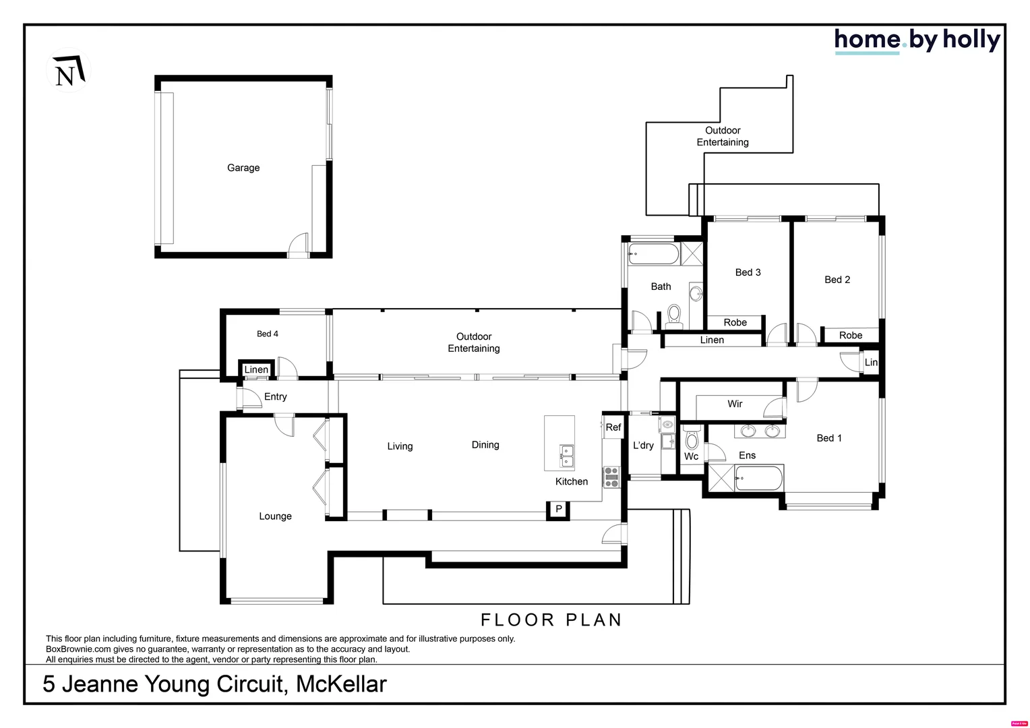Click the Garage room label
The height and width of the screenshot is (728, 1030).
[243, 168]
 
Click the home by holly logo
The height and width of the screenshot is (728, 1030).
[916, 40]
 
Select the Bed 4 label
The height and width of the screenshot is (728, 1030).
[267, 334]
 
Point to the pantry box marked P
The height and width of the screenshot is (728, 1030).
[558, 510]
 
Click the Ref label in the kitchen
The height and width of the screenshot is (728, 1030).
[613, 427]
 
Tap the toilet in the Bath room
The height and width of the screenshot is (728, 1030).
[673, 315]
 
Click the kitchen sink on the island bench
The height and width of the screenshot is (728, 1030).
[566, 456]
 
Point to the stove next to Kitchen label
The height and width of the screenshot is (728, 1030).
[611, 477]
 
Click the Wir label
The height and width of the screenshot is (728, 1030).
[735, 404]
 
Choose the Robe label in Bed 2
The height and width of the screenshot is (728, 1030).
[851, 335]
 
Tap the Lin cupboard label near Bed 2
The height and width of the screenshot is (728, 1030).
[871, 363]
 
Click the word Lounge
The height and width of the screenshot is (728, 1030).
[275, 516]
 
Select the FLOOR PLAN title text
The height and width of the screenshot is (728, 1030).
[551, 619]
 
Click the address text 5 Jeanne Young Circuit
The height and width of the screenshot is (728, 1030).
[214, 684]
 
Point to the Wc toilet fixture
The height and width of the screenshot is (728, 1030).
[692, 441]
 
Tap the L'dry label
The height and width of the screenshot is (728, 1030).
[643, 446]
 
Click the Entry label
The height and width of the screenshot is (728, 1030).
[275, 396]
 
